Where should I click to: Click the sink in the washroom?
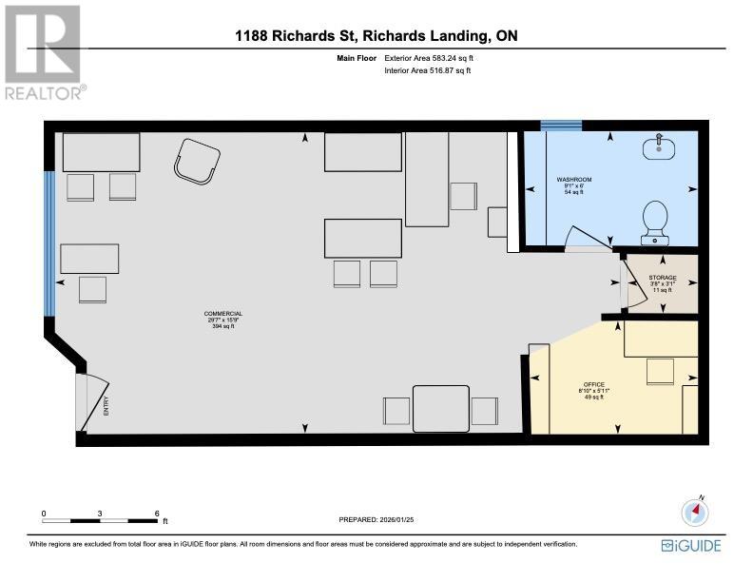tap(656, 147)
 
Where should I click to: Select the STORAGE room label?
tap(662, 278)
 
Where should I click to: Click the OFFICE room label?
tap(594, 386)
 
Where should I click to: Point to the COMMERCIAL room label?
tap(223, 314)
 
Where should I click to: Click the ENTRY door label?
tap(106, 405)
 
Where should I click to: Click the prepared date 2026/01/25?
tap(376, 519)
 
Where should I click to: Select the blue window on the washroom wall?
tap(561, 125)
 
